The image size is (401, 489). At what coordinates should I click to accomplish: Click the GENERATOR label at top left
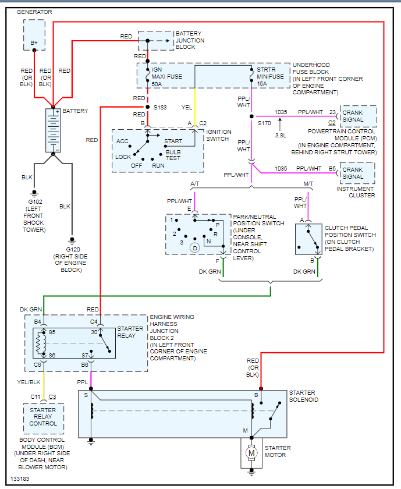(x=34, y=12)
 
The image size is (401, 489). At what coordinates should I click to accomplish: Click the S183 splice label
(x=160, y=108)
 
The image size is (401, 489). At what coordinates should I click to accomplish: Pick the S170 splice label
(x=265, y=123)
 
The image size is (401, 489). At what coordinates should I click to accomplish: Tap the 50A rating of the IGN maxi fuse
(x=158, y=84)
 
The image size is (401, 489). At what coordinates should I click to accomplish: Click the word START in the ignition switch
(x=173, y=141)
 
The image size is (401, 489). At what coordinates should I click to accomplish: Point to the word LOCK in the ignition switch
(x=123, y=157)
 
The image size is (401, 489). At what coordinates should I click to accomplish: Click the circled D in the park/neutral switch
(x=194, y=247)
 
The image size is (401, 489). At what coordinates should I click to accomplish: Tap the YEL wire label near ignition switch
(x=186, y=108)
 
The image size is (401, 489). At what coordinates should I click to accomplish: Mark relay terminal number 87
(x=86, y=355)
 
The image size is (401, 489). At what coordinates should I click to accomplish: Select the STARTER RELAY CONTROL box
(x=44, y=417)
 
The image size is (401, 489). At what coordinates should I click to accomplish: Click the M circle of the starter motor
(x=251, y=452)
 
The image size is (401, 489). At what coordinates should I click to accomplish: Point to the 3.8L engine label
(x=280, y=135)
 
